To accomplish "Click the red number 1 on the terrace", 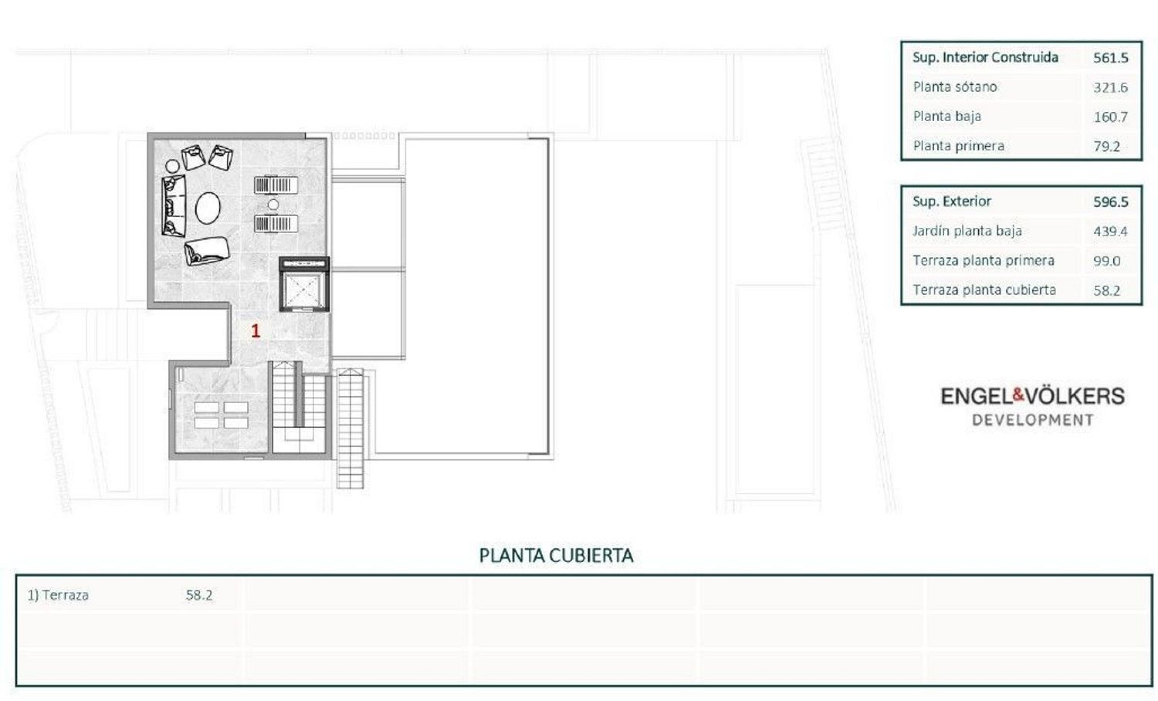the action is click(x=256, y=331).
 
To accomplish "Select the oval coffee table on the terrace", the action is click(x=208, y=208).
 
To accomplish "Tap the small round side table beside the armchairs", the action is click(x=172, y=166).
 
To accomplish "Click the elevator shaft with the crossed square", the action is click(x=304, y=291).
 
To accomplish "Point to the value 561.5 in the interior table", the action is click(x=1110, y=58).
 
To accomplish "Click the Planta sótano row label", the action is click(x=955, y=87).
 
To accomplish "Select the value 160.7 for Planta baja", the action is click(x=1110, y=117).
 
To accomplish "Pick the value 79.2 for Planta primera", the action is click(x=1106, y=147).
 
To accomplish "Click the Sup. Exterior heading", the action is click(x=952, y=202).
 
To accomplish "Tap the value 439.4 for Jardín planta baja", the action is click(x=1110, y=231).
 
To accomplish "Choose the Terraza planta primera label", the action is click(x=983, y=261).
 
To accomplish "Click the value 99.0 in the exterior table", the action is click(x=1106, y=261).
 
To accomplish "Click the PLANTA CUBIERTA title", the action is click(x=556, y=555).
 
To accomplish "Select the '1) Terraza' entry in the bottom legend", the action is click(x=58, y=595).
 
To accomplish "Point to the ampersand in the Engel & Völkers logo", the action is click(x=1019, y=395).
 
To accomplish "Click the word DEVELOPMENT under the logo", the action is click(x=1033, y=420).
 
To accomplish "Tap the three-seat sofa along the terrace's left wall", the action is click(x=174, y=206).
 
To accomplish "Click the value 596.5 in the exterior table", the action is click(x=1110, y=202).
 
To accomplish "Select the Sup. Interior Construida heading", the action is click(x=985, y=57).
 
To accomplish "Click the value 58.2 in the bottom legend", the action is click(x=199, y=595).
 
